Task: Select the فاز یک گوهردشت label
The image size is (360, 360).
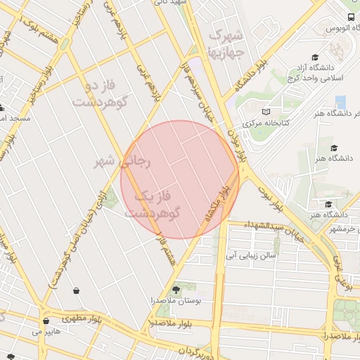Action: [153, 202]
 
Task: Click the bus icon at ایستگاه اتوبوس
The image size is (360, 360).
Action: [351, 18]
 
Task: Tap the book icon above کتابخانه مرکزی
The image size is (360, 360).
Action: [265, 112]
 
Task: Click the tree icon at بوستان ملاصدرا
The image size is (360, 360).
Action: [175, 289]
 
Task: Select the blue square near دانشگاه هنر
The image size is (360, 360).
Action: [340, 102]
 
